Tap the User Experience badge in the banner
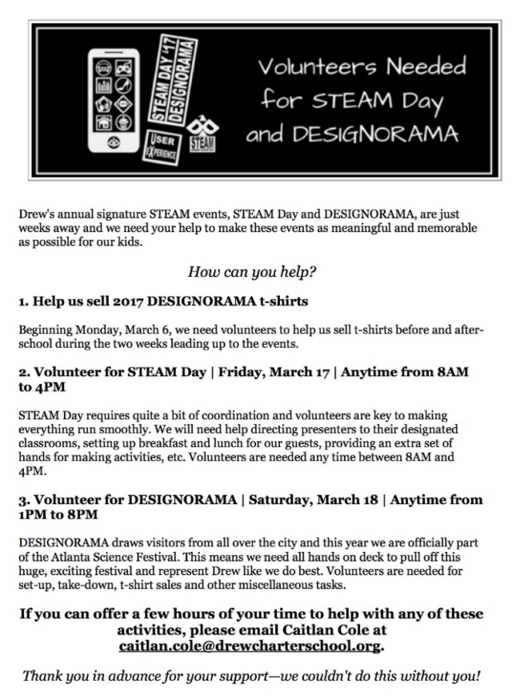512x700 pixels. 162,149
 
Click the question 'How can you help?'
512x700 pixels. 252,271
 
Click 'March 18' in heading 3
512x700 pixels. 338,500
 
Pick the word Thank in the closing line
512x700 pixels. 43,676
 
